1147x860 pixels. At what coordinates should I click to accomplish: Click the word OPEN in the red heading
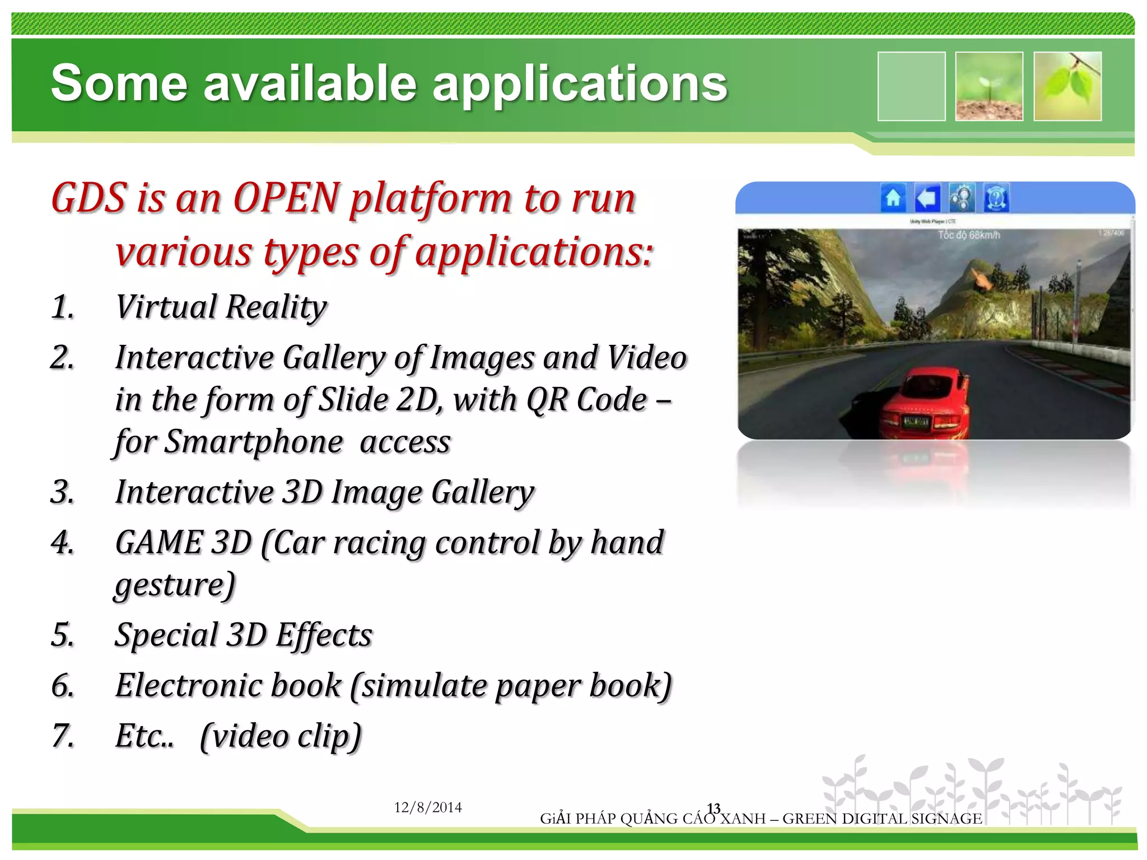coord(286,198)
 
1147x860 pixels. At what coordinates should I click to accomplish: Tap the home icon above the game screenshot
coord(893,198)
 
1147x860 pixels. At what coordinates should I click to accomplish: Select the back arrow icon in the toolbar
coord(927,198)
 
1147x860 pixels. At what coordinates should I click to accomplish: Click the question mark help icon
coord(996,198)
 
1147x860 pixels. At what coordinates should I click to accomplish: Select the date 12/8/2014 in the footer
coord(428,807)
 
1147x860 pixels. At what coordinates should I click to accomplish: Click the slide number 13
coord(713,808)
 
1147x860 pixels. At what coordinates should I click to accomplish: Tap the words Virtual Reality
coord(221,307)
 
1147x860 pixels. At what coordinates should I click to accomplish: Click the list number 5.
coord(62,635)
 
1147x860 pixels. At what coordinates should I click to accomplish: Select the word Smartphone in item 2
coord(254,442)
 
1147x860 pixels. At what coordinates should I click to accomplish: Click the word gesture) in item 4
coord(175,585)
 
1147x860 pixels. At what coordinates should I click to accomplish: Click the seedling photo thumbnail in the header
coord(989,86)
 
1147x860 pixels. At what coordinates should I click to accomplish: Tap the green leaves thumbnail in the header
coord(1067,86)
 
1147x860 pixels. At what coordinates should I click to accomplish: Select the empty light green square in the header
coord(911,86)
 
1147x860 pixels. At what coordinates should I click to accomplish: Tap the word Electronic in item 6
coord(227,685)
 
